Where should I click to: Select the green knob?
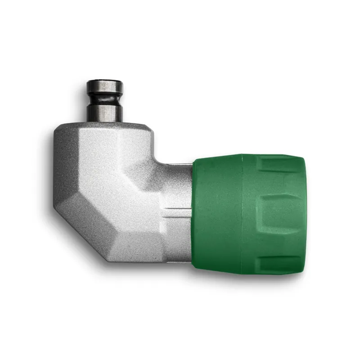pos(247,214)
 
